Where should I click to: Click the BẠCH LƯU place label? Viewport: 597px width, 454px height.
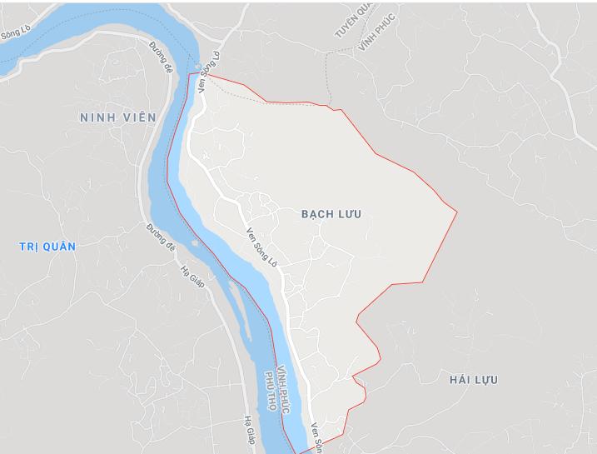pos(331,214)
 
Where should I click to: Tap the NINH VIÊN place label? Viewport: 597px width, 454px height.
pos(117,117)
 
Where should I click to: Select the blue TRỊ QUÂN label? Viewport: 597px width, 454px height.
pos(47,247)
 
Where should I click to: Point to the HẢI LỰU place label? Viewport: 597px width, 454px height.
pos(473,380)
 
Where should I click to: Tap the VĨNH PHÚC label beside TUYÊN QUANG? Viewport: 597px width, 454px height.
pos(376,30)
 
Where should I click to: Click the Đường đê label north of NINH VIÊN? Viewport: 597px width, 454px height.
pos(162,55)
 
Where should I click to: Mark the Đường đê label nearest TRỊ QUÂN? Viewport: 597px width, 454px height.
pos(162,237)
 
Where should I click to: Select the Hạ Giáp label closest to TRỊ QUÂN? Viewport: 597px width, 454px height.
pos(192,277)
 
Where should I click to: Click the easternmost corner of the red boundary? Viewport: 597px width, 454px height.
pos(457,212)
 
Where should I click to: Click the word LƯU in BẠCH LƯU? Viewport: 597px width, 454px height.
pos(349,214)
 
